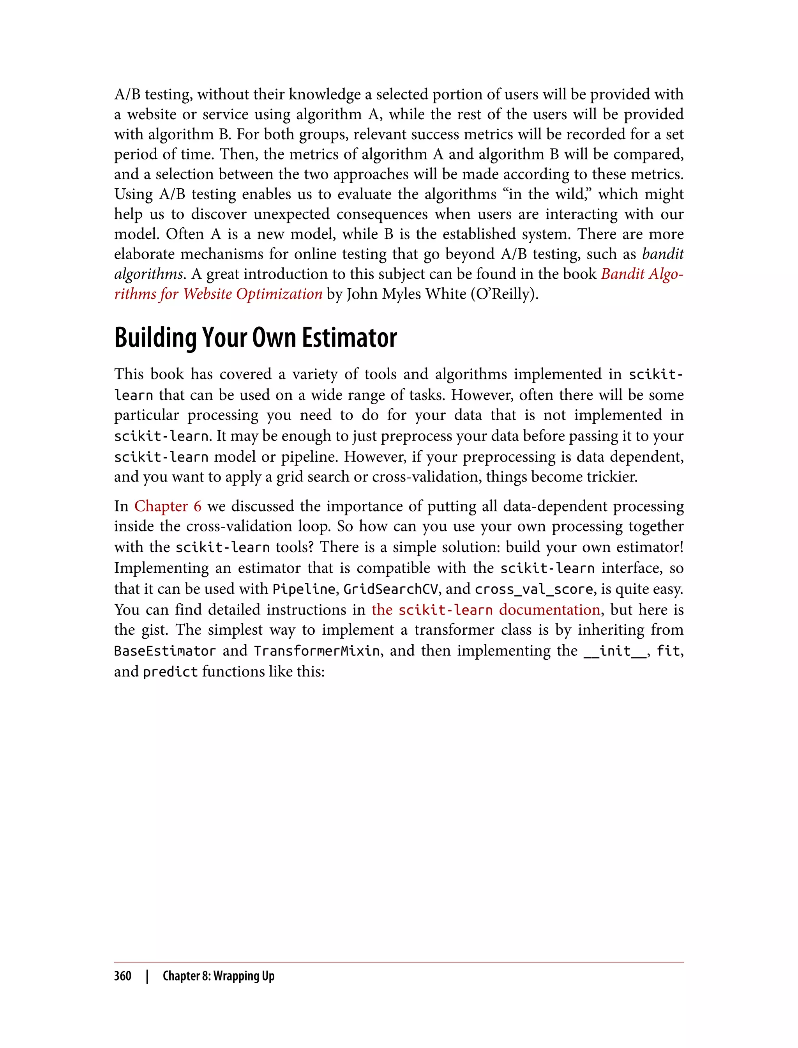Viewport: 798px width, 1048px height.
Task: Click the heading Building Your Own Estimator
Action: tap(255, 338)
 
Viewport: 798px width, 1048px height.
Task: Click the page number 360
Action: tap(123, 976)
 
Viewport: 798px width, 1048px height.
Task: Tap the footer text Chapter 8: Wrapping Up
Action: tap(219, 976)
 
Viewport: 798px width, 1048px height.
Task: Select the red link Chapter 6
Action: tap(168, 506)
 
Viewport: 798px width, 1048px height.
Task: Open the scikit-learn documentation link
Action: tap(486, 609)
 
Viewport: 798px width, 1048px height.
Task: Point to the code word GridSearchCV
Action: tap(390, 589)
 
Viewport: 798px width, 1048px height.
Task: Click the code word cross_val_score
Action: tap(534, 589)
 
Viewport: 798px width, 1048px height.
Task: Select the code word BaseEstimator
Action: tap(165, 651)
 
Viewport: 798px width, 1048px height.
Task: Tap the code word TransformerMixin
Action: tap(317, 651)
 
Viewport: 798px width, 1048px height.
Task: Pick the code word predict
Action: tap(170, 672)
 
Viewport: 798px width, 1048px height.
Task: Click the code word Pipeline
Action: tap(304, 589)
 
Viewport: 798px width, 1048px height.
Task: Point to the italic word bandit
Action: tap(663, 254)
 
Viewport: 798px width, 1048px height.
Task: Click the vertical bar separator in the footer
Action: tap(147, 976)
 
